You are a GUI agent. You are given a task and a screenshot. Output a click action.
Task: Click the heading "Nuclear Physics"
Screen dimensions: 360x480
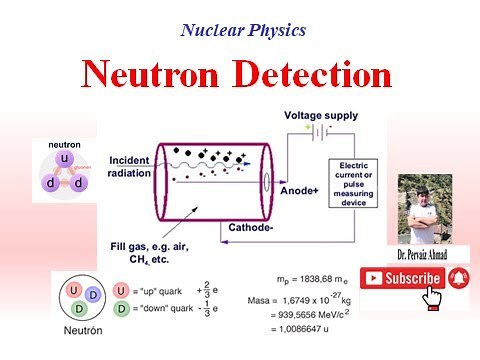pos(243,29)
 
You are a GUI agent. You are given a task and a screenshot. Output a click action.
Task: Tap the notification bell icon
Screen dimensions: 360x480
pos(458,278)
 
